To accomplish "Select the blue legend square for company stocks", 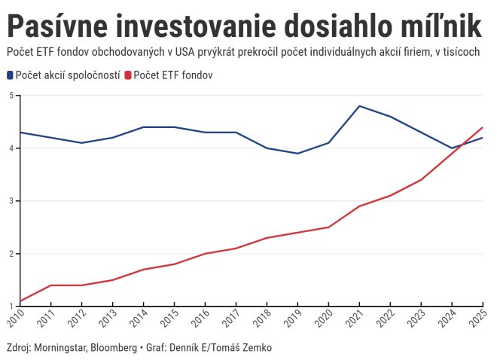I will pyautogui.click(x=10, y=76).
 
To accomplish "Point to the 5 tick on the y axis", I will pyautogui.click(x=11, y=96).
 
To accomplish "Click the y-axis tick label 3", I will pyautogui.click(x=11, y=201).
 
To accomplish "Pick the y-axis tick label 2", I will pyautogui.click(x=11, y=254).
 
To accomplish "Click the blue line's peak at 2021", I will pyautogui.click(x=359, y=106).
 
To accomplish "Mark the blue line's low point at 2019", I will pyautogui.click(x=297, y=154).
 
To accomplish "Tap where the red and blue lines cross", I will pyautogui.click(x=459, y=144).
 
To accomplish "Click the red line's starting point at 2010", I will pyautogui.click(x=20, y=301).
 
